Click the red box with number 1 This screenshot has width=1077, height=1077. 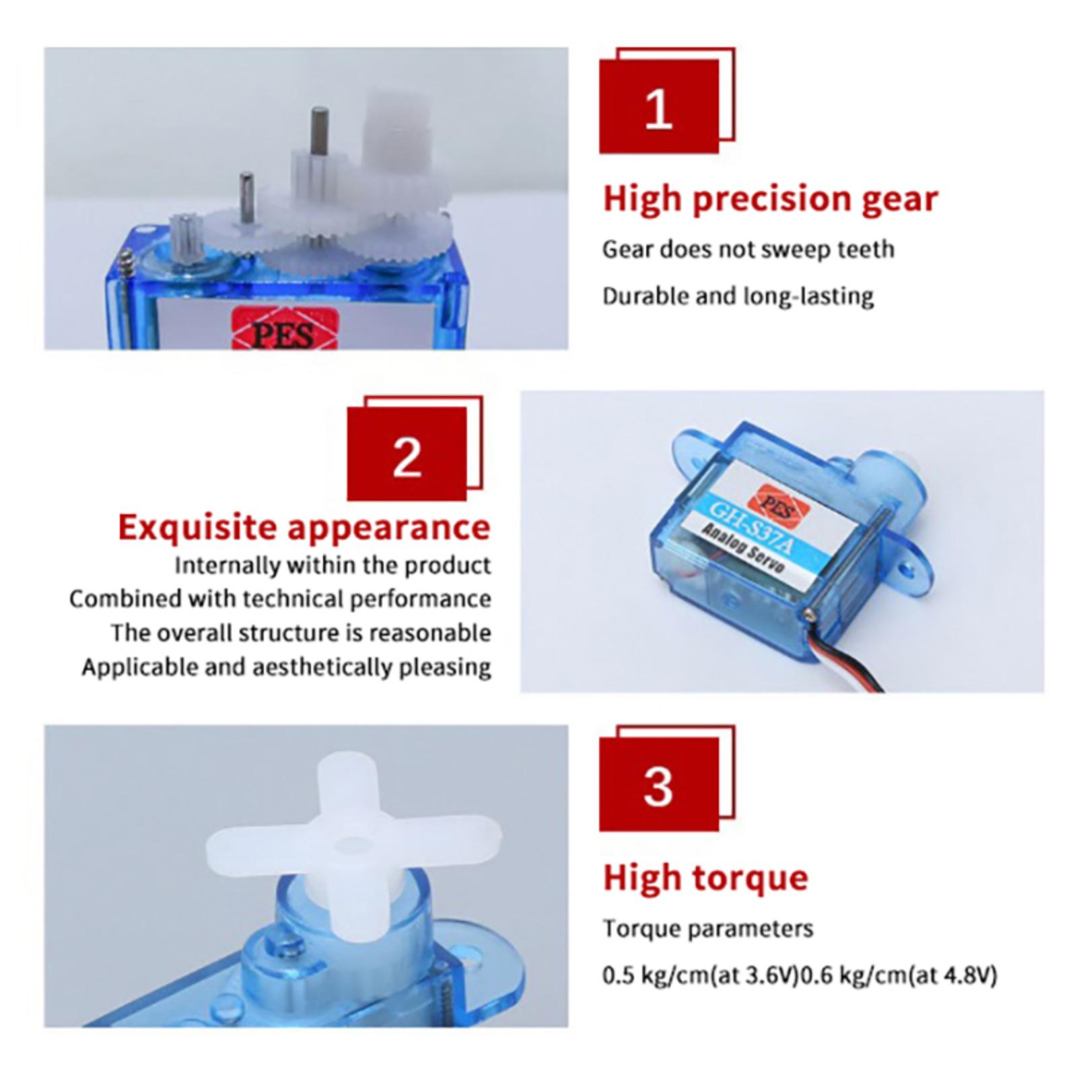click(x=659, y=106)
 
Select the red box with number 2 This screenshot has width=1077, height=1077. click(x=407, y=454)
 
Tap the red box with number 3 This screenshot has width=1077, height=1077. click(x=659, y=784)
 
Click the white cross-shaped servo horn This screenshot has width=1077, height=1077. click(x=354, y=847)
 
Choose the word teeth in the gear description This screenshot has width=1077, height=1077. click(x=866, y=250)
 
